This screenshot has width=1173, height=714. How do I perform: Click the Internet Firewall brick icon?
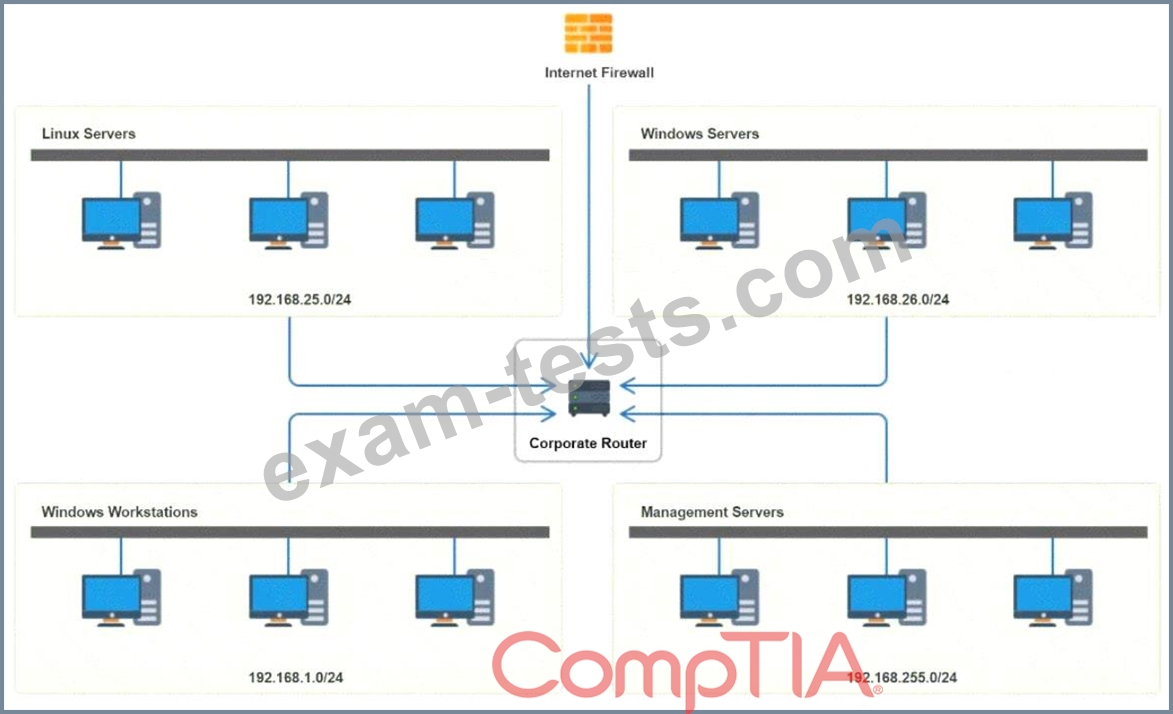588,33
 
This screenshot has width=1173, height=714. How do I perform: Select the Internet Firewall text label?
599,72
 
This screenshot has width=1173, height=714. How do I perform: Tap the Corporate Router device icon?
588,399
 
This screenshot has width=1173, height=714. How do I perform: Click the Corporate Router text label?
588,443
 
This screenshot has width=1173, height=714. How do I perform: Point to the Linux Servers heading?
88,133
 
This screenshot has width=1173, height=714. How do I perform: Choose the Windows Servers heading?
699,133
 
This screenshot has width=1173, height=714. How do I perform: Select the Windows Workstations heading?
119,512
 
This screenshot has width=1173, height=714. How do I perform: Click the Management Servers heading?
712,512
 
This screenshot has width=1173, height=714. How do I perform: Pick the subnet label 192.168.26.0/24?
898,299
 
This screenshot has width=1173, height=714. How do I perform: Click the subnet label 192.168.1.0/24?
296,678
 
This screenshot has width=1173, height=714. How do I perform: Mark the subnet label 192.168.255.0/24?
901,678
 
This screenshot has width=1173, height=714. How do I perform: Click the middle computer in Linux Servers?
288,221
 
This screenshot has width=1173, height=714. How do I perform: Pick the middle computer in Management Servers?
886,599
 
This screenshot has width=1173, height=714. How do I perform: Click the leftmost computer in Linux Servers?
121,221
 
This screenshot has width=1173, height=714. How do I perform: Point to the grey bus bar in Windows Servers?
888,155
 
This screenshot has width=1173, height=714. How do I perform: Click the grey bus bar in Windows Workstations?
290,532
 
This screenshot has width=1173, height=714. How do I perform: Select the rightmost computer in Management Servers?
1053,599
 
